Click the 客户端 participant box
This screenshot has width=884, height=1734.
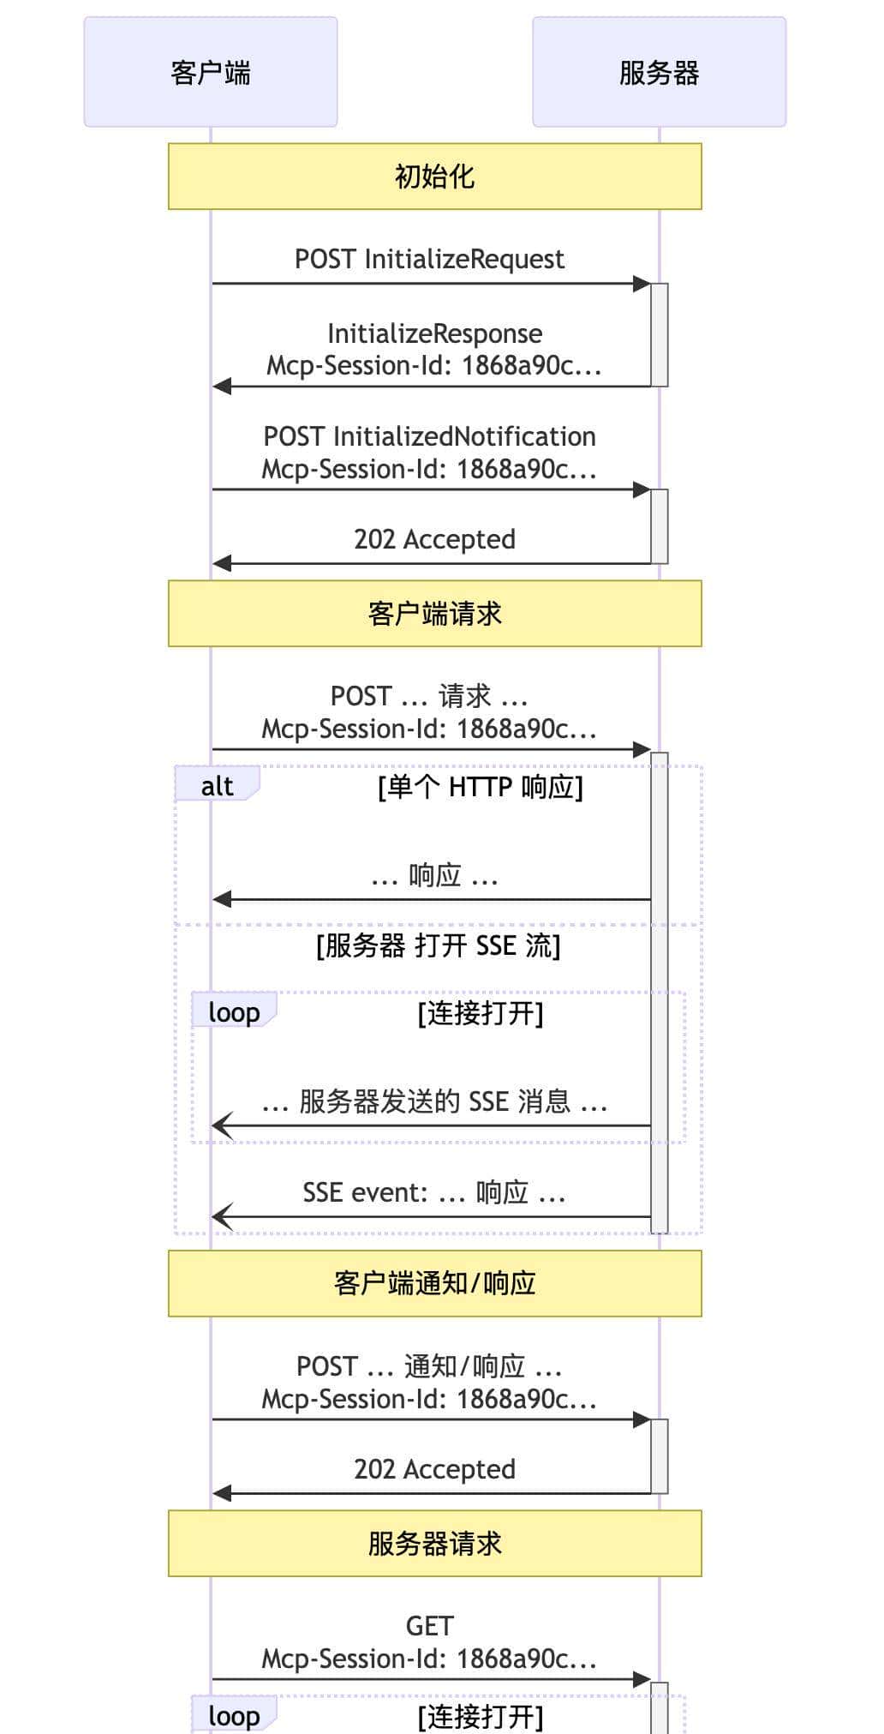click(x=210, y=73)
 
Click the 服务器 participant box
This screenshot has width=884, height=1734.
click(x=659, y=73)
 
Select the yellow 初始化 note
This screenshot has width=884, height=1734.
click(x=434, y=177)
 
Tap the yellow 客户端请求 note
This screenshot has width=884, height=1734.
click(x=434, y=614)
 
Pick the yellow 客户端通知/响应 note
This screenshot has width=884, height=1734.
click(x=434, y=1283)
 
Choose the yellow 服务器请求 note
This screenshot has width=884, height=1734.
click(x=434, y=1544)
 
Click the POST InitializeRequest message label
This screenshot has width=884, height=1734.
click(x=429, y=259)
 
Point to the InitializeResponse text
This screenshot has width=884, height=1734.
click(x=434, y=333)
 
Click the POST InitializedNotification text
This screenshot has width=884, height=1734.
click(x=429, y=436)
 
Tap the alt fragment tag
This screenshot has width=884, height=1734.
click(x=217, y=786)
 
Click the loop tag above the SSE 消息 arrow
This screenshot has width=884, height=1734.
click(x=233, y=1012)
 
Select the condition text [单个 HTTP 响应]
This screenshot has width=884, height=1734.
click(x=480, y=787)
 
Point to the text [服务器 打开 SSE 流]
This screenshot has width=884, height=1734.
click(x=438, y=946)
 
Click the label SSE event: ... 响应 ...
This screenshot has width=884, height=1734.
click(x=434, y=1192)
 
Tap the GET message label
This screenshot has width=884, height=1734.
click(x=429, y=1626)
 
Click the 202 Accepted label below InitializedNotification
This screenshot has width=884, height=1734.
click(x=434, y=539)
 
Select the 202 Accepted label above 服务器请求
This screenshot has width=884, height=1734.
click(x=434, y=1469)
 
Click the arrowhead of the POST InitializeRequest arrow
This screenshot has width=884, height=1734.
click(x=642, y=284)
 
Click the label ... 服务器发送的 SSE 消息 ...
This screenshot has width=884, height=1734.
click(x=434, y=1101)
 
